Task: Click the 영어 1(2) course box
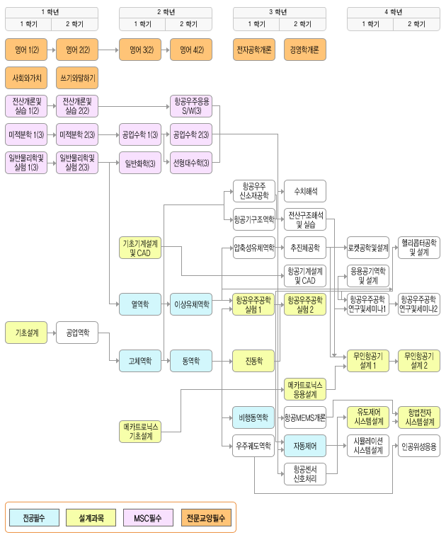[x=26, y=50]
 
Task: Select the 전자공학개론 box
[x=254, y=50]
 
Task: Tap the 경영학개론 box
[x=305, y=50]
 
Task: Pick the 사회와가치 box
[x=26, y=77]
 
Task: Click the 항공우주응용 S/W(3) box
[x=191, y=106]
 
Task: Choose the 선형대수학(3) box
[x=191, y=163]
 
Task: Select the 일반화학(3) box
[x=140, y=163]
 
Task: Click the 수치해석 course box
[x=305, y=192]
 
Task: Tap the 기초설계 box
[x=26, y=332]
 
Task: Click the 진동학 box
[x=254, y=361]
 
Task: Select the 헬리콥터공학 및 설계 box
[x=418, y=248]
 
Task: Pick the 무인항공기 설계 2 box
[x=418, y=361]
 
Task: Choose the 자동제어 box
[x=305, y=446]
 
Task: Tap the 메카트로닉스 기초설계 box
[x=140, y=431]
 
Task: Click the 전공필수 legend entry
[x=33, y=518]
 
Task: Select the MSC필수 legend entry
[x=148, y=518]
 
